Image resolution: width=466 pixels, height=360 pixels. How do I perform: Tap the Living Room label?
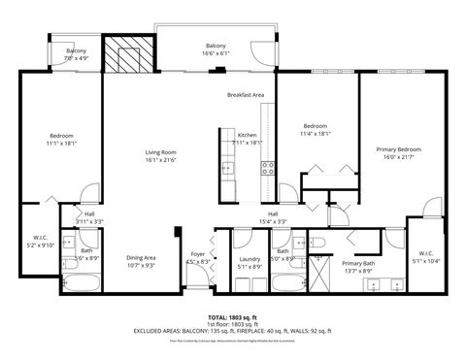pyautogui.click(x=160, y=156)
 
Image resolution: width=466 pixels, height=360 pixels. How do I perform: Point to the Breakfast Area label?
pyautogui.click(x=246, y=95)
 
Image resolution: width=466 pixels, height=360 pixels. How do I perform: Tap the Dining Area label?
pyautogui.click(x=141, y=261)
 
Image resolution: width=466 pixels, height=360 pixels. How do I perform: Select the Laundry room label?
pyautogui.click(x=249, y=261)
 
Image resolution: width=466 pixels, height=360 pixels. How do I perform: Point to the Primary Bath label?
pyautogui.click(x=358, y=267)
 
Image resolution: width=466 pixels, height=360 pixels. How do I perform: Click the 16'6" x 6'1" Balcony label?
pyautogui.click(x=216, y=49)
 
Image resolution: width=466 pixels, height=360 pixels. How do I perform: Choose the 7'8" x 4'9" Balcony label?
pyautogui.click(x=77, y=54)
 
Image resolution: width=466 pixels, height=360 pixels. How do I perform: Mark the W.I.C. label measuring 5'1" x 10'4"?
pyautogui.click(x=425, y=256)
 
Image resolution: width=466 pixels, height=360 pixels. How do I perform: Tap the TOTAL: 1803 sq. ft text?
pyautogui.click(x=232, y=317)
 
